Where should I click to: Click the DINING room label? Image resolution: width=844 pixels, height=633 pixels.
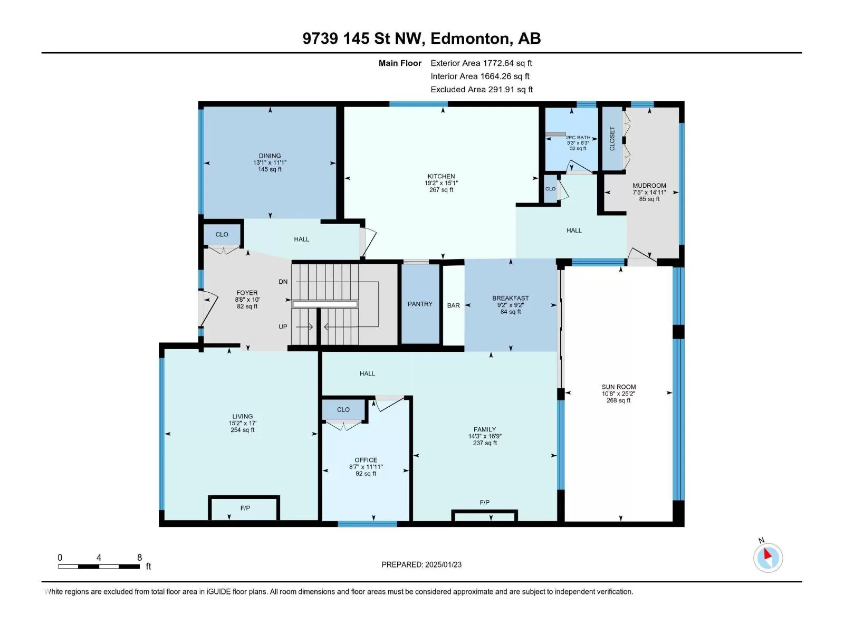coord(270,156)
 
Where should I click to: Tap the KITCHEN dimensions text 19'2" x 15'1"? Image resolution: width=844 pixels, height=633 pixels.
coord(442,183)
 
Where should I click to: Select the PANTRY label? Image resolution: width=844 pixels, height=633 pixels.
coord(420,304)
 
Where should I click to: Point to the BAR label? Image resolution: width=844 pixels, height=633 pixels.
coord(453,305)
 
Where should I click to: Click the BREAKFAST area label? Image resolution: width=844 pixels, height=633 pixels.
coord(511,298)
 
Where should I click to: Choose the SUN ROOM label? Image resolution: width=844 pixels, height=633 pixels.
coord(619,387)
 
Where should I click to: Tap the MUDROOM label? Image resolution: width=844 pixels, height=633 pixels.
coord(649,186)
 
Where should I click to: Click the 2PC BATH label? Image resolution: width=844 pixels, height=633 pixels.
coord(578,138)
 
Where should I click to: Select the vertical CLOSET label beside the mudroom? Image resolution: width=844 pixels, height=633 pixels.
coord(612,139)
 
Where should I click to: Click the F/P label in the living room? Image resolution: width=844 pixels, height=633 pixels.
coord(245,508)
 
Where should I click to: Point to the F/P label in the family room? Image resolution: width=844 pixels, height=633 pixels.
coord(484,502)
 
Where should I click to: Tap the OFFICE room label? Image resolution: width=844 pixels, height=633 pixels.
coord(366,460)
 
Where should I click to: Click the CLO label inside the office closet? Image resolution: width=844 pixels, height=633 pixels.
coord(343,410)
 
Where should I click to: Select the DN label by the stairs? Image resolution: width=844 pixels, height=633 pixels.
coord(283,282)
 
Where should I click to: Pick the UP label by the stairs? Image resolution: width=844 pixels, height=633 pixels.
coord(283,327)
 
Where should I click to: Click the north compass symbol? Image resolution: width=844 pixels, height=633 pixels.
coord(768,558)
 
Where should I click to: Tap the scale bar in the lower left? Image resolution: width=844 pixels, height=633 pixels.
coord(99,567)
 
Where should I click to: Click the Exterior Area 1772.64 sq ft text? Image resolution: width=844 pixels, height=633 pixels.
coord(482,63)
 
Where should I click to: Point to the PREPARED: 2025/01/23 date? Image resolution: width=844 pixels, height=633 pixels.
coord(421,564)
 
